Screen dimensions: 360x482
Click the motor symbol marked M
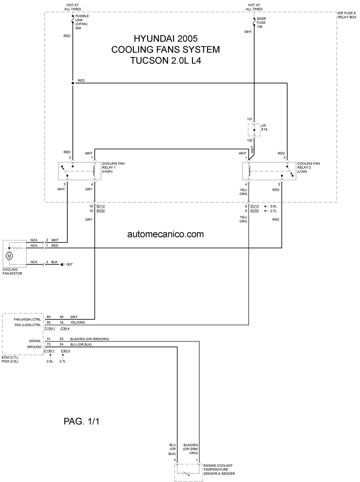pyautogui.click(x=9, y=256)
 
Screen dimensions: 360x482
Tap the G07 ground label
pyautogui.click(x=69, y=264)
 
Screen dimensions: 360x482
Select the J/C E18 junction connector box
pyautogui.click(x=254, y=130)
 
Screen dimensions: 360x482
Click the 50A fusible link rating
pyautogui.click(x=78, y=28)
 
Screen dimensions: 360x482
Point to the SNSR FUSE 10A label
pyautogui.click(x=261, y=23)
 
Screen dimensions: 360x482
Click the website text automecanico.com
pyautogui.click(x=165, y=234)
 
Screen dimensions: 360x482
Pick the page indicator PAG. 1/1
pyautogui.click(x=81, y=421)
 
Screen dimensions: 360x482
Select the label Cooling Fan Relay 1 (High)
pyautogui.click(x=113, y=167)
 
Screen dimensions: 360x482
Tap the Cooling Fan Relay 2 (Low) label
pyautogui.click(x=308, y=167)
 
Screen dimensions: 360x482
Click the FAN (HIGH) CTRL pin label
pyautogui.click(x=27, y=320)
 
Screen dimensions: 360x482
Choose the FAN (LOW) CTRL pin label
pyautogui.click(x=28, y=325)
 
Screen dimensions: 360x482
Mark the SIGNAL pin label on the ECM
pyautogui.click(x=35, y=341)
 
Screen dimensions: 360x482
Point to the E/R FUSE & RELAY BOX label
pyautogui.click(x=347, y=15)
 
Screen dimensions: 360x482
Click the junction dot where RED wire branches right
pyautogui.click(x=73, y=83)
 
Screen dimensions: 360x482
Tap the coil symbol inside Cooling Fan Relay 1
pyautogui.click(x=95, y=171)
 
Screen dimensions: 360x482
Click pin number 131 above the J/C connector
pyautogui.click(x=250, y=119)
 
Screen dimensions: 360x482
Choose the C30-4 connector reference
pyautogui.click(x=65, y=329)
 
